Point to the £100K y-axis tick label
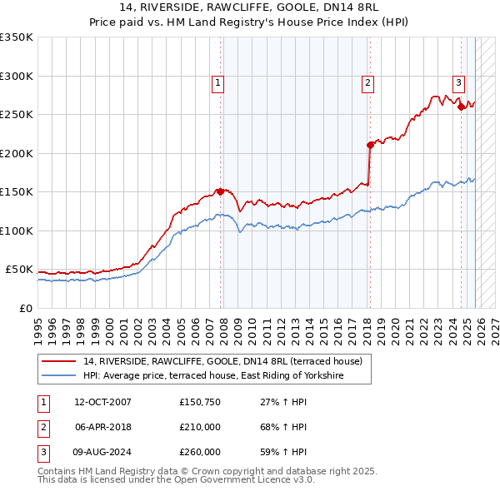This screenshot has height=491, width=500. (17, 231)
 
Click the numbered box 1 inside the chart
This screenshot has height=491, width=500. (217, 82)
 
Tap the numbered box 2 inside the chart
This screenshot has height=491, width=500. (367, 82)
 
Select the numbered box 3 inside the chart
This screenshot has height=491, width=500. (458, 82)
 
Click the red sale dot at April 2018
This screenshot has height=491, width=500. (370, 145)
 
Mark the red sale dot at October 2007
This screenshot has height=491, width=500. (221, 191)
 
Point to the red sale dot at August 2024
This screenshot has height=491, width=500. (461, 107)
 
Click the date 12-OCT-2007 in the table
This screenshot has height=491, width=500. (102, 402)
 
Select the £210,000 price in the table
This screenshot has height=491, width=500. (200, 427)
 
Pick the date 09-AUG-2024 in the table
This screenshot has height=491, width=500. (102, 452)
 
